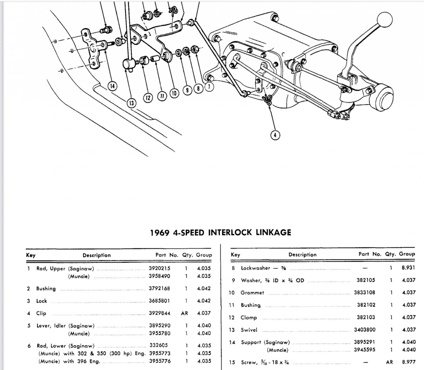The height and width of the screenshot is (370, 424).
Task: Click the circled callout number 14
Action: (x=113, y=86)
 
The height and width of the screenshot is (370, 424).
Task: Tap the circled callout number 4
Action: (x=275, y=135)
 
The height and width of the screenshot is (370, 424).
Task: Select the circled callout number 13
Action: (x=131, y=103)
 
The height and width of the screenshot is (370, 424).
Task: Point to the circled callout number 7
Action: (x=209, y=86)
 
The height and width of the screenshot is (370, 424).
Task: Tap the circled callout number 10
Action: (x=174, y=93)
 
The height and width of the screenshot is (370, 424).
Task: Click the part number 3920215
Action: (x=159, y=268)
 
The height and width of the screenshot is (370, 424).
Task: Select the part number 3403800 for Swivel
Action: (x=365, y=330)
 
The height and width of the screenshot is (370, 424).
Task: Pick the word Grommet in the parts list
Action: (x=252, y=293)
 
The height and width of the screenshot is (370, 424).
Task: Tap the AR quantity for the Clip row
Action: (x=184, y=313)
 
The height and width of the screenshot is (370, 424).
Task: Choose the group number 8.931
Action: (x=408, y=267)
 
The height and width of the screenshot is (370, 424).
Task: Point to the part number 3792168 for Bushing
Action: (x=159, y=288)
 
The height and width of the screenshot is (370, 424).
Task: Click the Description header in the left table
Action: (x=97, y=255)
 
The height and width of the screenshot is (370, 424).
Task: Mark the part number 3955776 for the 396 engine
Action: (x=160, y=361)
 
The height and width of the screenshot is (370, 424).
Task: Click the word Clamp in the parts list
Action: (x=249, y=317)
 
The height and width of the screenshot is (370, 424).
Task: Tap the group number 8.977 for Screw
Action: (x=408, y=362)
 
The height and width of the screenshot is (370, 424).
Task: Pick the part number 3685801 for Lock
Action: (x=159, y=301)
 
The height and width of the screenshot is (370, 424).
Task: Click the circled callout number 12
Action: (x=148, y=97)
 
